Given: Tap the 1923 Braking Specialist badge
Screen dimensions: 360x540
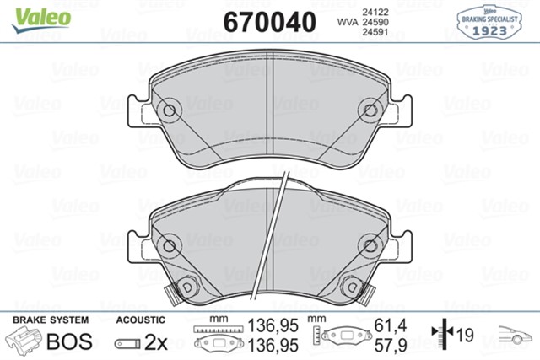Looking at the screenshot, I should (x=489, y=19).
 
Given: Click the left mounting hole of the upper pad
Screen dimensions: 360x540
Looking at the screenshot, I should (x=168, y=110).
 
